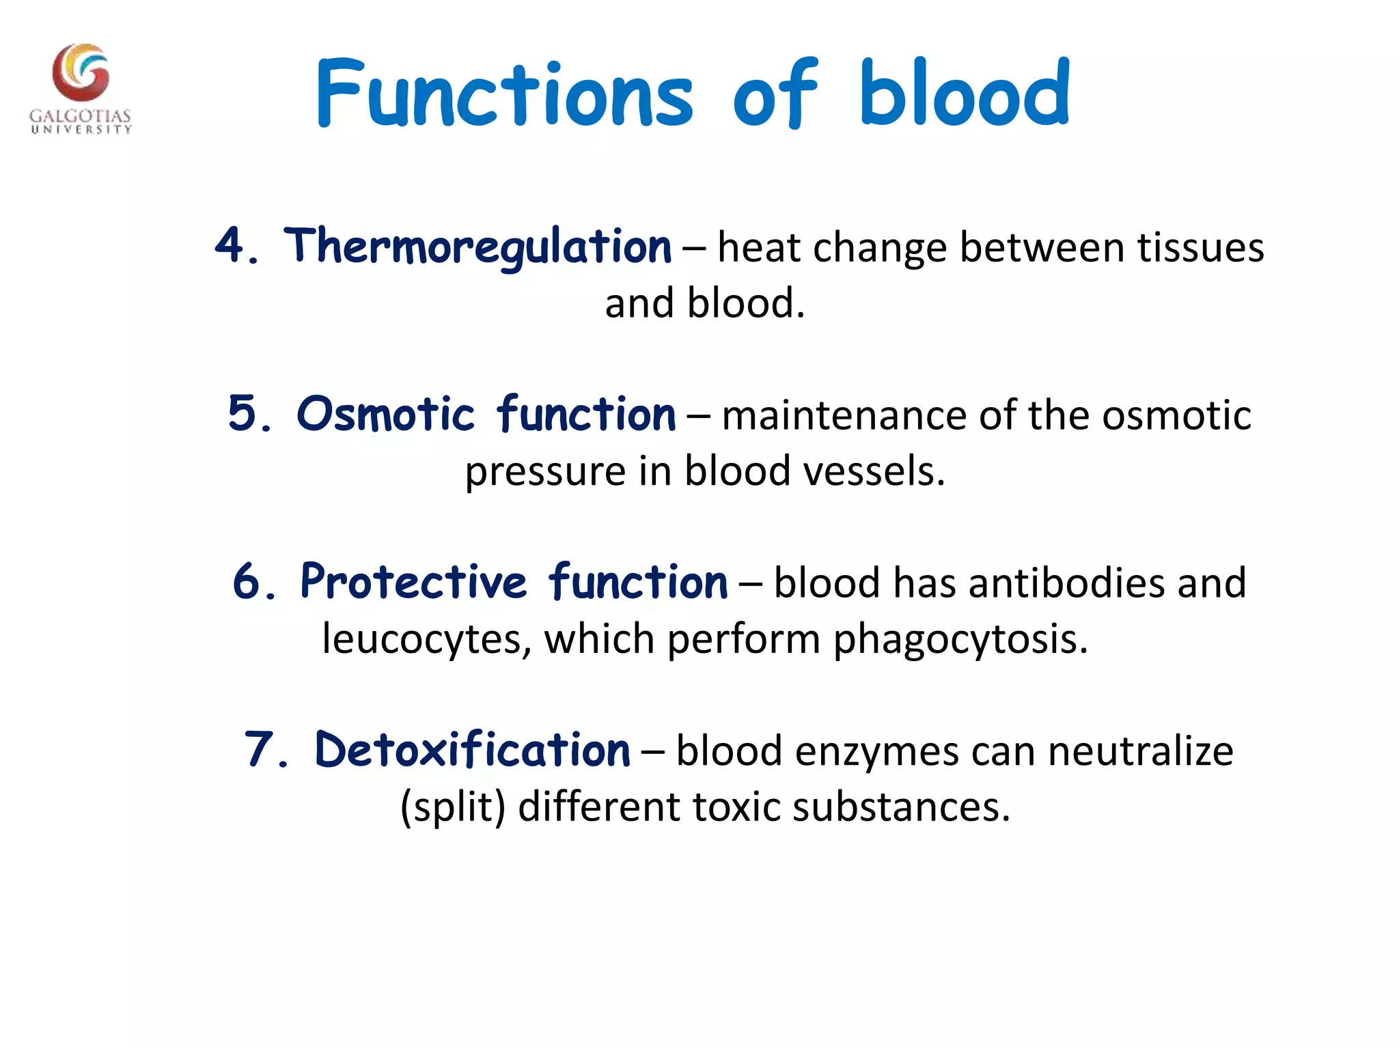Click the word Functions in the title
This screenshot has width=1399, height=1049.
tap(504, 94)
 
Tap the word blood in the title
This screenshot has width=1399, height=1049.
tap(965, 94)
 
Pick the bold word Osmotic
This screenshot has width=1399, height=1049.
tap(385, 414)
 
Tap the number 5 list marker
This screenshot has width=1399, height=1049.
tap(242, 413)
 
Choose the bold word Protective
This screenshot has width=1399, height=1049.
tap(414, 582)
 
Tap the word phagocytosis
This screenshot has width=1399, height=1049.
tap(960, 640)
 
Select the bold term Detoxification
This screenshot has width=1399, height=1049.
tap(472, 750)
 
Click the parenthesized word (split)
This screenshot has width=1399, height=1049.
tap(453, 807)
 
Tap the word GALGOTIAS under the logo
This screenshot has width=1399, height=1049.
tap(80, 115)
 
